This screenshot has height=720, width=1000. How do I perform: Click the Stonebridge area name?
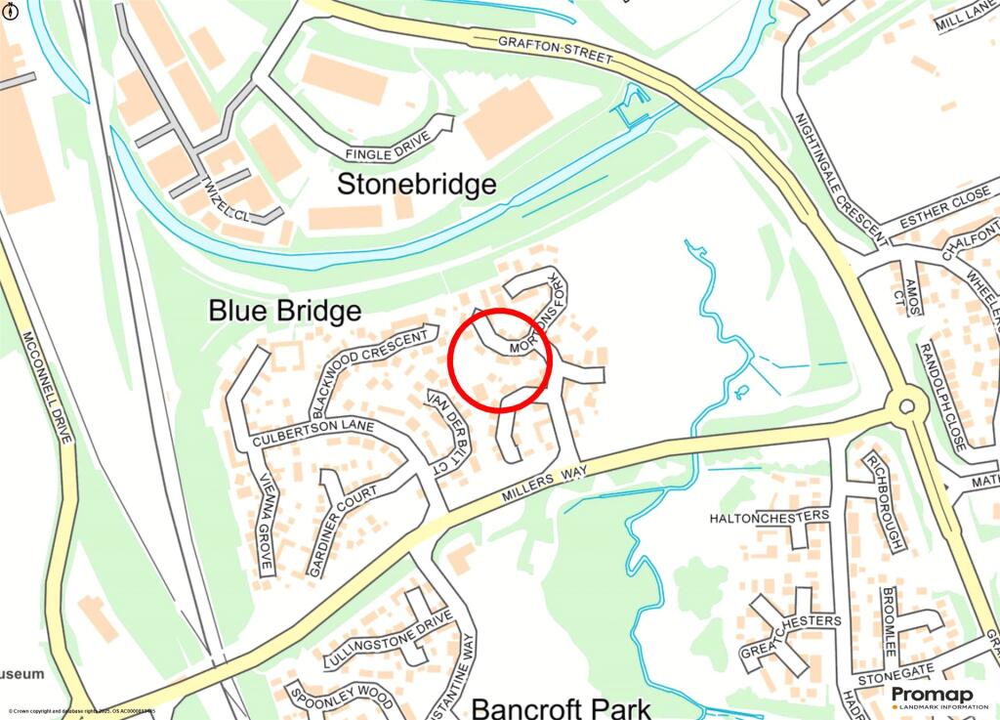417,184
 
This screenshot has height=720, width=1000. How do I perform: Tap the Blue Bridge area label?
285,311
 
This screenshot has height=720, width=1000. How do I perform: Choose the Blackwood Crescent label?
368,370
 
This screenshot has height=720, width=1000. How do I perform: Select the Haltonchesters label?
770,516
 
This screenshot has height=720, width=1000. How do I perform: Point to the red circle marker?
501,360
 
